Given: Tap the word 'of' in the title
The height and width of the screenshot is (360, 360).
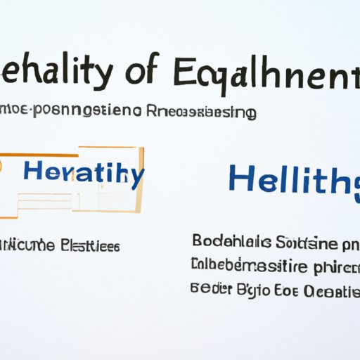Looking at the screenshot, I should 138,72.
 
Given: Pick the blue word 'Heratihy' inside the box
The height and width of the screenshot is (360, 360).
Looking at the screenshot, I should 83,173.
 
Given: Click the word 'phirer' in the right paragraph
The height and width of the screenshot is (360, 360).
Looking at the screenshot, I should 333,265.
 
